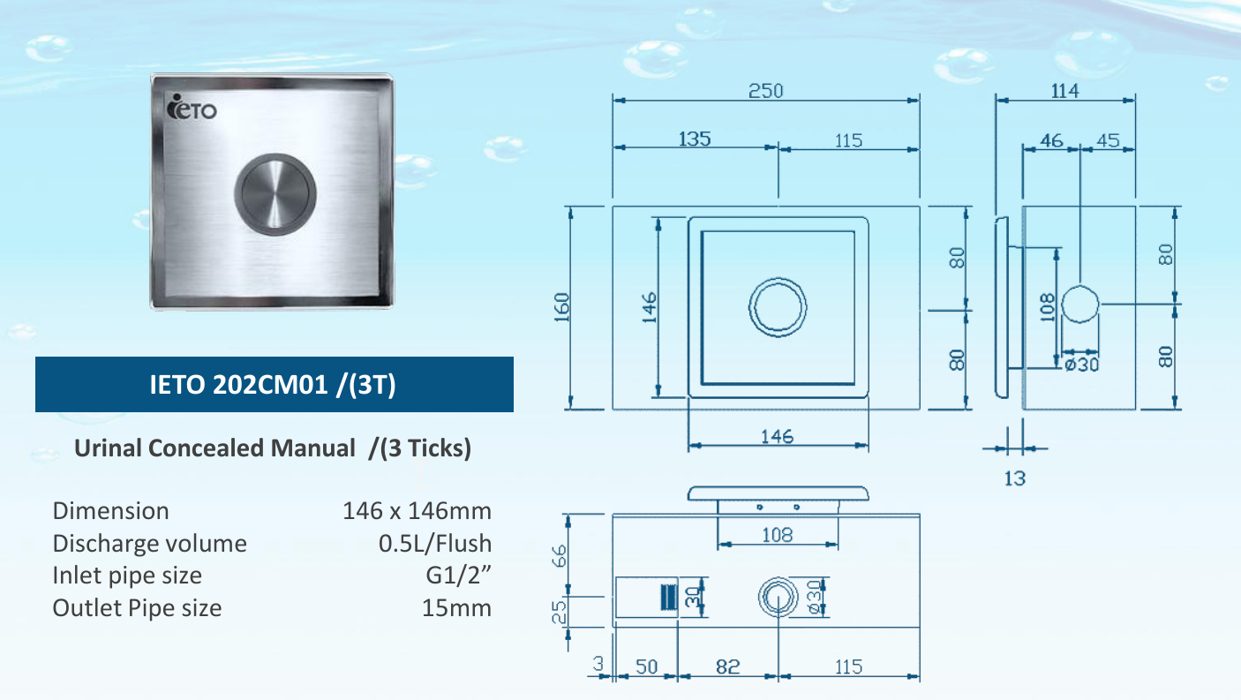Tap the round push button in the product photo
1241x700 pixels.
tap(275, 194)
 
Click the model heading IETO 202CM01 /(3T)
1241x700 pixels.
tap(274, 385)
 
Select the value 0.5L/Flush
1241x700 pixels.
tap(434, 543)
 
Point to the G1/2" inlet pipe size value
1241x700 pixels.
tap(458, 576)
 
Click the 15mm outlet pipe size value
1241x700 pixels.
tap(456, 608)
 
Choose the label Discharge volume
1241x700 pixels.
tap(149, 543)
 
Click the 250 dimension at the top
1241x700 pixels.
tap(765, 91)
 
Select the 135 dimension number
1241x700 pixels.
tap(695, 139)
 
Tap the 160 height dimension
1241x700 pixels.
tap(561, 307)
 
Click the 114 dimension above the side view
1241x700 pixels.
tap(1064, 91)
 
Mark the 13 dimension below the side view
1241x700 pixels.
tap(1015, 478)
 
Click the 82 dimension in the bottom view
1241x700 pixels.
tap(727, 666)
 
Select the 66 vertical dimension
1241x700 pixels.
tap(558, 556)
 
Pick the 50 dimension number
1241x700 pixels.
tap(646, 666)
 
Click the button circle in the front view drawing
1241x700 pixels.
tap(778, 308)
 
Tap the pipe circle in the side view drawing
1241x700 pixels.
tap(1080, 305)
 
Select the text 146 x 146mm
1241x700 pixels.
tap(417, 511)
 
